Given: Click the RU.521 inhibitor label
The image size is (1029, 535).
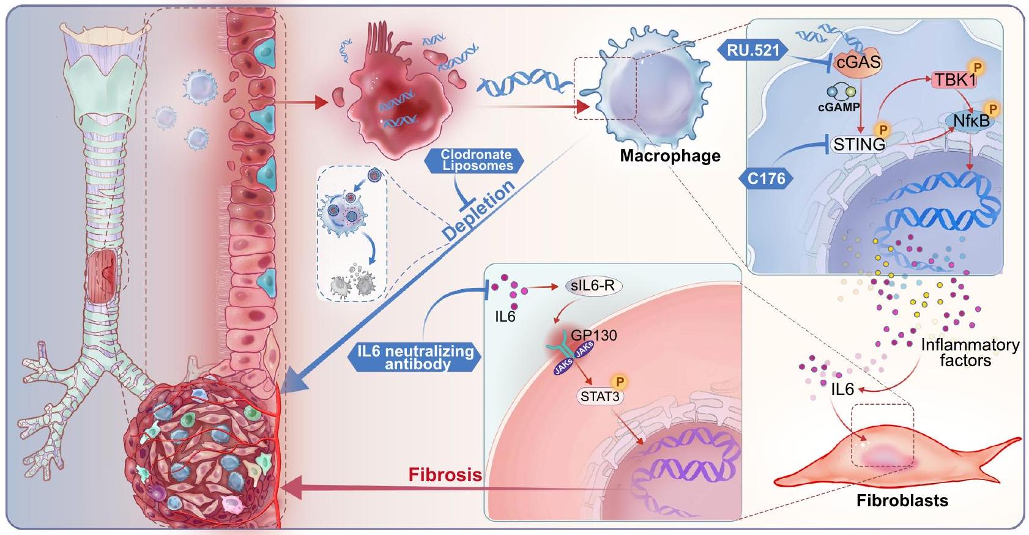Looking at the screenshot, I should (x=754, y=50).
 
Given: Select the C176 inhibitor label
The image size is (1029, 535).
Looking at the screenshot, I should (x=766, y=179).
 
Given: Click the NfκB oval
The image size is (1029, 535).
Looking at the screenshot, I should (x=971, y=122).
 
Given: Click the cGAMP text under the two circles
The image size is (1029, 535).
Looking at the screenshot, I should (x=839, y=106).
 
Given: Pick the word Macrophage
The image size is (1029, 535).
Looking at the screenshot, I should (x=670, y=156).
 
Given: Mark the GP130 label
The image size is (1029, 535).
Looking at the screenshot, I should (x=593, y=335).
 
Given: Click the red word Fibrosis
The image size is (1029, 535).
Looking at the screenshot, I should (x=445, y=474).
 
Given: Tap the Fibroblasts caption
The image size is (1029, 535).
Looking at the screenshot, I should (x=902, y=501).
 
